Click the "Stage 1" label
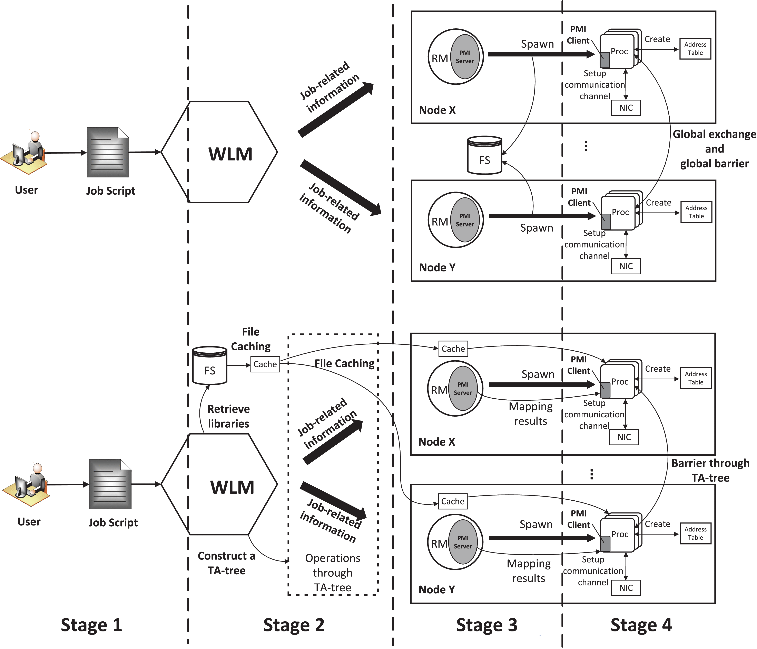91,625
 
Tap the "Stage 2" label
294,625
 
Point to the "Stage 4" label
641,625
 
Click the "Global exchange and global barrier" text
714,149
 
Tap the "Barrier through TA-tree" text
710,471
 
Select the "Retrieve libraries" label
228,416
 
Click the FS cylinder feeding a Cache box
210,366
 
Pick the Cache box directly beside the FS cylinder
265,364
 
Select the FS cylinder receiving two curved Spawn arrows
484,156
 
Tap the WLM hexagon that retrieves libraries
219,485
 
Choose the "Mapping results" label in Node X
530,414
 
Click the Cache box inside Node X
453,349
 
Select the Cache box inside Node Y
453,501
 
